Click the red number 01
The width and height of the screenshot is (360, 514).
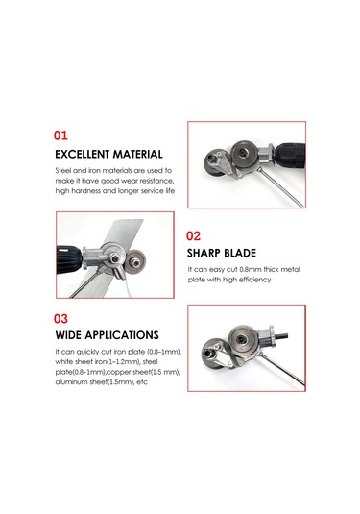60,135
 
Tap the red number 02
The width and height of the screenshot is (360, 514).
193,236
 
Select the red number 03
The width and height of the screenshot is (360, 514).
60,319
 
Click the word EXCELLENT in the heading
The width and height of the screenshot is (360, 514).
82,154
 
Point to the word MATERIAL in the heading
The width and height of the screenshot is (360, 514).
138,154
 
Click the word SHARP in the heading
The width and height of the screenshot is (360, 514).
204,253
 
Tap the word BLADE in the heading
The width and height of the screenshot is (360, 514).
240,253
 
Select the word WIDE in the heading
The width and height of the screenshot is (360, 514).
68,335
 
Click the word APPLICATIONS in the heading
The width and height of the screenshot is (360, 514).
122,335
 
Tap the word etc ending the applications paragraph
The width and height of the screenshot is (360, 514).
142,381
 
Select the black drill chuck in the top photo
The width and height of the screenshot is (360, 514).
289,156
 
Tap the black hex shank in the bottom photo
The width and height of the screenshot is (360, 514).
281,336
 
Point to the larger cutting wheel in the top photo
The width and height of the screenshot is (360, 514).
244,152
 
